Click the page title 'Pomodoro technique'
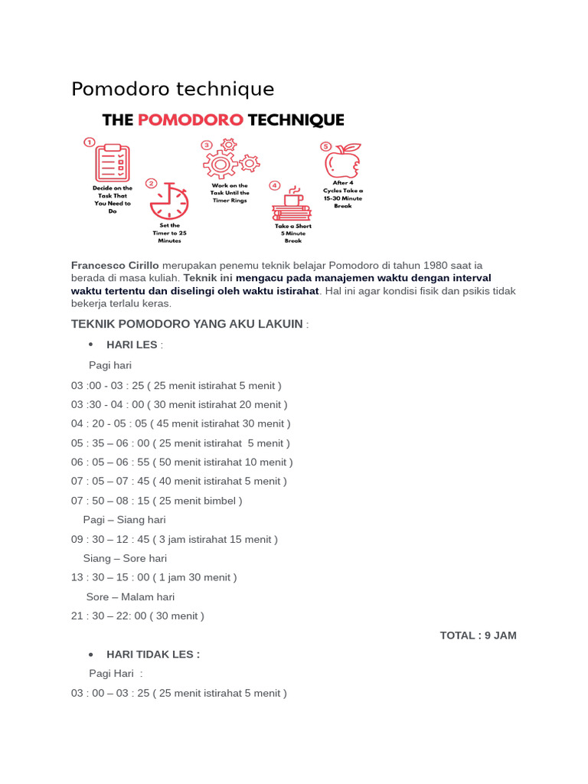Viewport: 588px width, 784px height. [172, 89]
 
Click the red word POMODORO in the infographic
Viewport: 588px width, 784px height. [191, 120]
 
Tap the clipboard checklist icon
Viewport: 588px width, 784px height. [113, 163]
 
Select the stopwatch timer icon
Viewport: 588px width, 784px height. [169, 201]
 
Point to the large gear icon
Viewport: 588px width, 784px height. [220, 164]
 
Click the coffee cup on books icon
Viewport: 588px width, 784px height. [292, 204]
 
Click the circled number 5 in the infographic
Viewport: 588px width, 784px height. [325, 146]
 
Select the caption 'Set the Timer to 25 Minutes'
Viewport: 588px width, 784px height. [169, 233]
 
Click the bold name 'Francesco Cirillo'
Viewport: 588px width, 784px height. [115, 265]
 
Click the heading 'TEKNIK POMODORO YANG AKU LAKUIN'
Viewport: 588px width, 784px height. [187, 324]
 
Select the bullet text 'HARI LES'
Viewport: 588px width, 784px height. [132, 345]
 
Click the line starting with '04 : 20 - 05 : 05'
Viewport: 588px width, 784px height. [181, 423]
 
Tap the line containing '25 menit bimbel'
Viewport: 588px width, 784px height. [156, 501]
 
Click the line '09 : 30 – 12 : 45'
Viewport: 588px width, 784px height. [174, 539]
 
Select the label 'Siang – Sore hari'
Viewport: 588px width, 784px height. [125, 558]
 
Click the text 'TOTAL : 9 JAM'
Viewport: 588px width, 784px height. [478, 635]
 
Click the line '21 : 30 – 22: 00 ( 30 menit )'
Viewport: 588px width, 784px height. [138, 616]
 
